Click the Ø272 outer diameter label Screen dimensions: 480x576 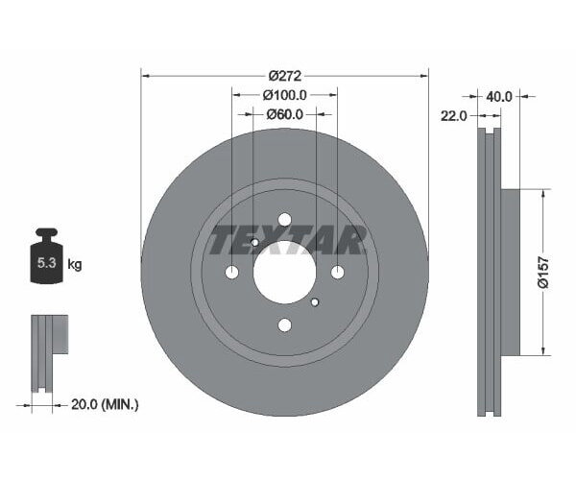[285, 75]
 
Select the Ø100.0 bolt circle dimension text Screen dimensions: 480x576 [285, 95]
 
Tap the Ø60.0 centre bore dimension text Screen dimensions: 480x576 [285, 114]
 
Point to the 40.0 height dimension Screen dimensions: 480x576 [499, 97]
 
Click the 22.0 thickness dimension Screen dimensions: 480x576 [454, 115]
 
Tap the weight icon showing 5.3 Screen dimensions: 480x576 [47, 258]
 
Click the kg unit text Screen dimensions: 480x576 [75, 265]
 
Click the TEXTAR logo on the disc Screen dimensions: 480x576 [285, 238]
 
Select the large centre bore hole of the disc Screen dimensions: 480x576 [285, 273]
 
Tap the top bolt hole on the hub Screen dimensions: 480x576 [285, 220]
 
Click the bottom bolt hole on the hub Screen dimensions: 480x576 [285, 325]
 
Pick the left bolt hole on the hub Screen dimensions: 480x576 [232, 273]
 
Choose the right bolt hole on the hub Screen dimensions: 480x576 [338, 273]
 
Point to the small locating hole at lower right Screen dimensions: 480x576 [316, 303]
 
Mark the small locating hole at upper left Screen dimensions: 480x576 [254, 243]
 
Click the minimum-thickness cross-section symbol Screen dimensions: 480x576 [47, 350]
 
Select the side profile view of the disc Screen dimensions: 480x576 [493, 273]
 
